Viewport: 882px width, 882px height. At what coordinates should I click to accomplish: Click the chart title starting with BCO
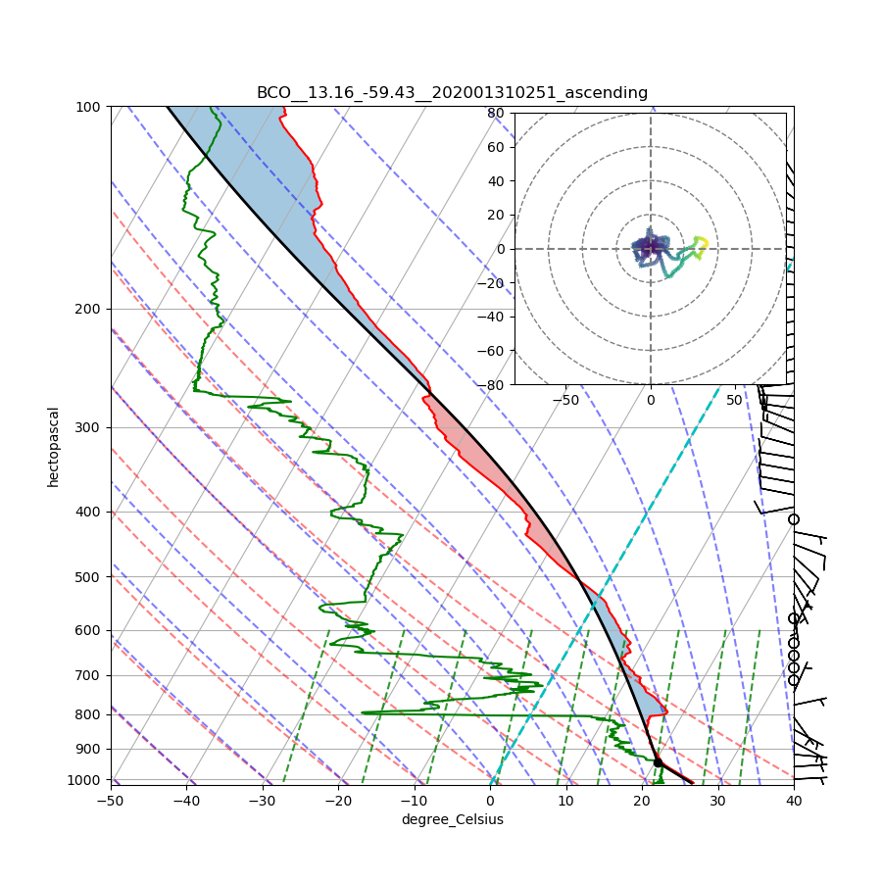click(452, 93)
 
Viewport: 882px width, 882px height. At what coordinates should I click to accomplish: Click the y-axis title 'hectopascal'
click(53, 446)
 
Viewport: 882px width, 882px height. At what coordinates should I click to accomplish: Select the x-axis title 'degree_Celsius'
click(452, 819)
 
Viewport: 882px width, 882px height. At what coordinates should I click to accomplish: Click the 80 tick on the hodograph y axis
click(496, 113)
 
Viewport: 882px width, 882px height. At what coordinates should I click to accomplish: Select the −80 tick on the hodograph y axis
click(493, 385)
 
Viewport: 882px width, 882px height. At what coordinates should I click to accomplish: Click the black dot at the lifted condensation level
click(658, 762)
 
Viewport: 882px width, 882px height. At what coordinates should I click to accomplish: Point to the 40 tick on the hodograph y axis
click(496, 181)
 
